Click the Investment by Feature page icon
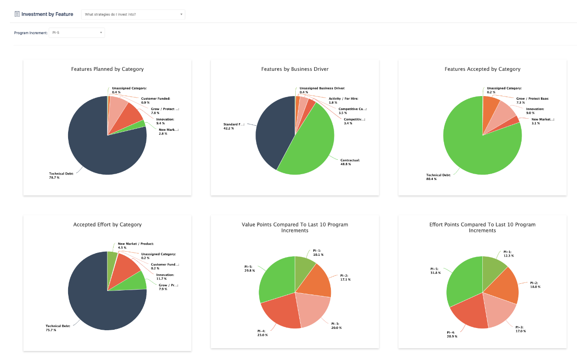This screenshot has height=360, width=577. [x=17, y=14]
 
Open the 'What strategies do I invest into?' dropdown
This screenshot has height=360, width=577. [x=133, y=14]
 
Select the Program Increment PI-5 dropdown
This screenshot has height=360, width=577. [x=77, y=32]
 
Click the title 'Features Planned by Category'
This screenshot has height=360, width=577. [x=107, y=69]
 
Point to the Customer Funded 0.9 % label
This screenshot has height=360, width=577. [x=156, y=100]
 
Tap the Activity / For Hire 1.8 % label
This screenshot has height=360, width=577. [x=343, y=100]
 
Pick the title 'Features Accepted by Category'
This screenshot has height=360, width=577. [x=482, y=69]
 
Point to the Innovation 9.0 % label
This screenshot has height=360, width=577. [x=535, y=111]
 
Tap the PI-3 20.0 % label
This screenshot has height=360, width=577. [x=336, y=326]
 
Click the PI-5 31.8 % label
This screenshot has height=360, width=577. [x=436, y=270]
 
